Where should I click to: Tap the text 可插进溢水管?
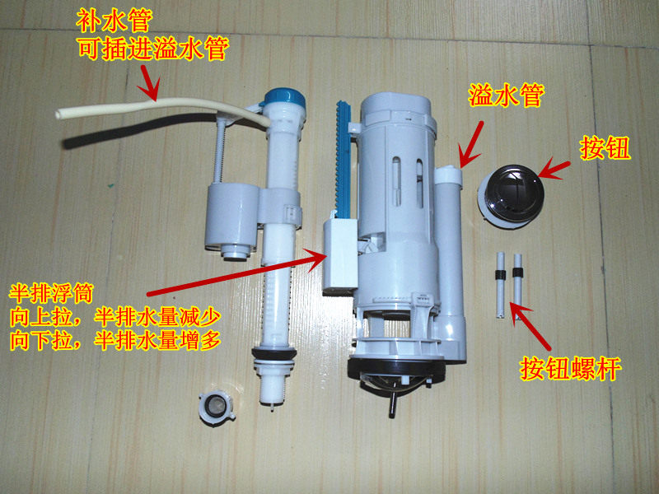[x=152, y=47]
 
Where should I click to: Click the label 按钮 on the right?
[x=605, y=148]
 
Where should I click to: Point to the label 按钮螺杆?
[x=570, y=367]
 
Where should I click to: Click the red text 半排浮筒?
[x=54, y=293]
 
